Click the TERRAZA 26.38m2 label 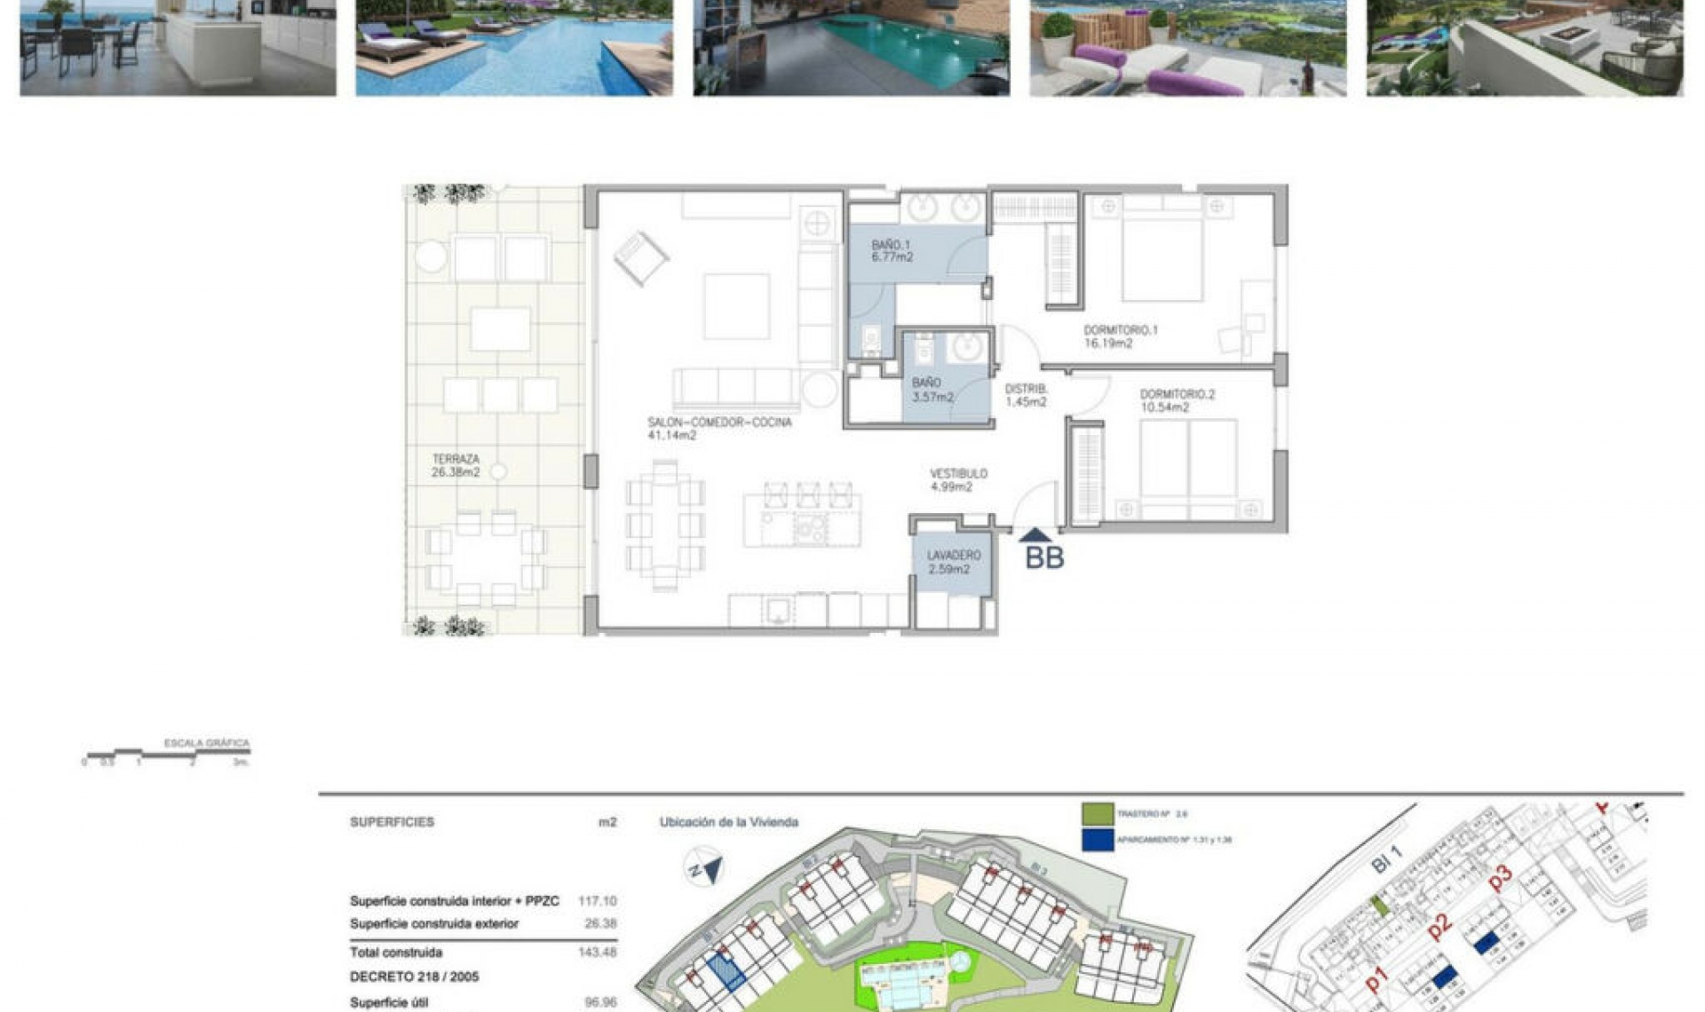click(x=456, y=466)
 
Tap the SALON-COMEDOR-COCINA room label click(x=719, y=429)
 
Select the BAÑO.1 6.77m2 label click(x=892, y=251)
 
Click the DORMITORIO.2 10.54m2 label click(x=1177, y=400)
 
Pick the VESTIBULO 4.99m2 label click(x=957, y=480)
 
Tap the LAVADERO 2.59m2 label click(x=953, y=562)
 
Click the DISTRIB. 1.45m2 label click(x=1026, y=395)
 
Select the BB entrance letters click(x=1044, y=558)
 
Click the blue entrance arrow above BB click(x=1035, y=535)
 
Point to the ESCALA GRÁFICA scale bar click(x=168, y=755)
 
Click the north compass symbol click(x=703, y=867)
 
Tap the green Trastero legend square click(x=1098, y=813)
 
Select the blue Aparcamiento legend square click(x=1098, y=840)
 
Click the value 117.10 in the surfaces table click(x=597, y=901)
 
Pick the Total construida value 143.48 click(x=597, y=953)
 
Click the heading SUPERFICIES click(x=392, y=822)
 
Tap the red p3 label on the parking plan click(x=1500, y=877)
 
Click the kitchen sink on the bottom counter click(x=778, y=610)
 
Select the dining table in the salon click(x=665, y=525)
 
